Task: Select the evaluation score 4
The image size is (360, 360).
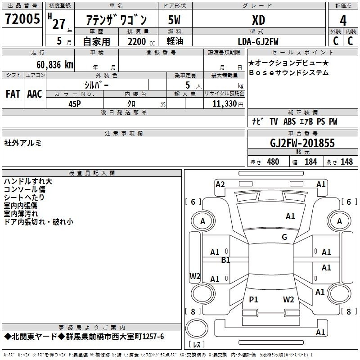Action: point(343,20)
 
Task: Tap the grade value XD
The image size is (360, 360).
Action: point(258,20)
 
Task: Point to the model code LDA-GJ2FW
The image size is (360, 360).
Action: point(258,41)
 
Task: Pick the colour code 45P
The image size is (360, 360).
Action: point(74,103)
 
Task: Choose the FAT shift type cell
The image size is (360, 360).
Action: point(13,94)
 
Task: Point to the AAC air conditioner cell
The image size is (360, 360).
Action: point(35,94)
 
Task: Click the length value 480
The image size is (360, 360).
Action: point(273,162)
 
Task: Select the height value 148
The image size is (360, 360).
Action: point(346,162)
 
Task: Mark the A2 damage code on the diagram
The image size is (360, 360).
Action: point(220,184)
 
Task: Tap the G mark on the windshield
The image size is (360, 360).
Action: point(284,237)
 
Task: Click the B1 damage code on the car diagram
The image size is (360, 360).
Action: point(225,260)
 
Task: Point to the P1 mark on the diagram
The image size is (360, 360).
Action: point(254,299)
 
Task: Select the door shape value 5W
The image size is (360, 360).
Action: point(175,20)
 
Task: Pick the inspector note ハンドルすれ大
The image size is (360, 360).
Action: point(28,181)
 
